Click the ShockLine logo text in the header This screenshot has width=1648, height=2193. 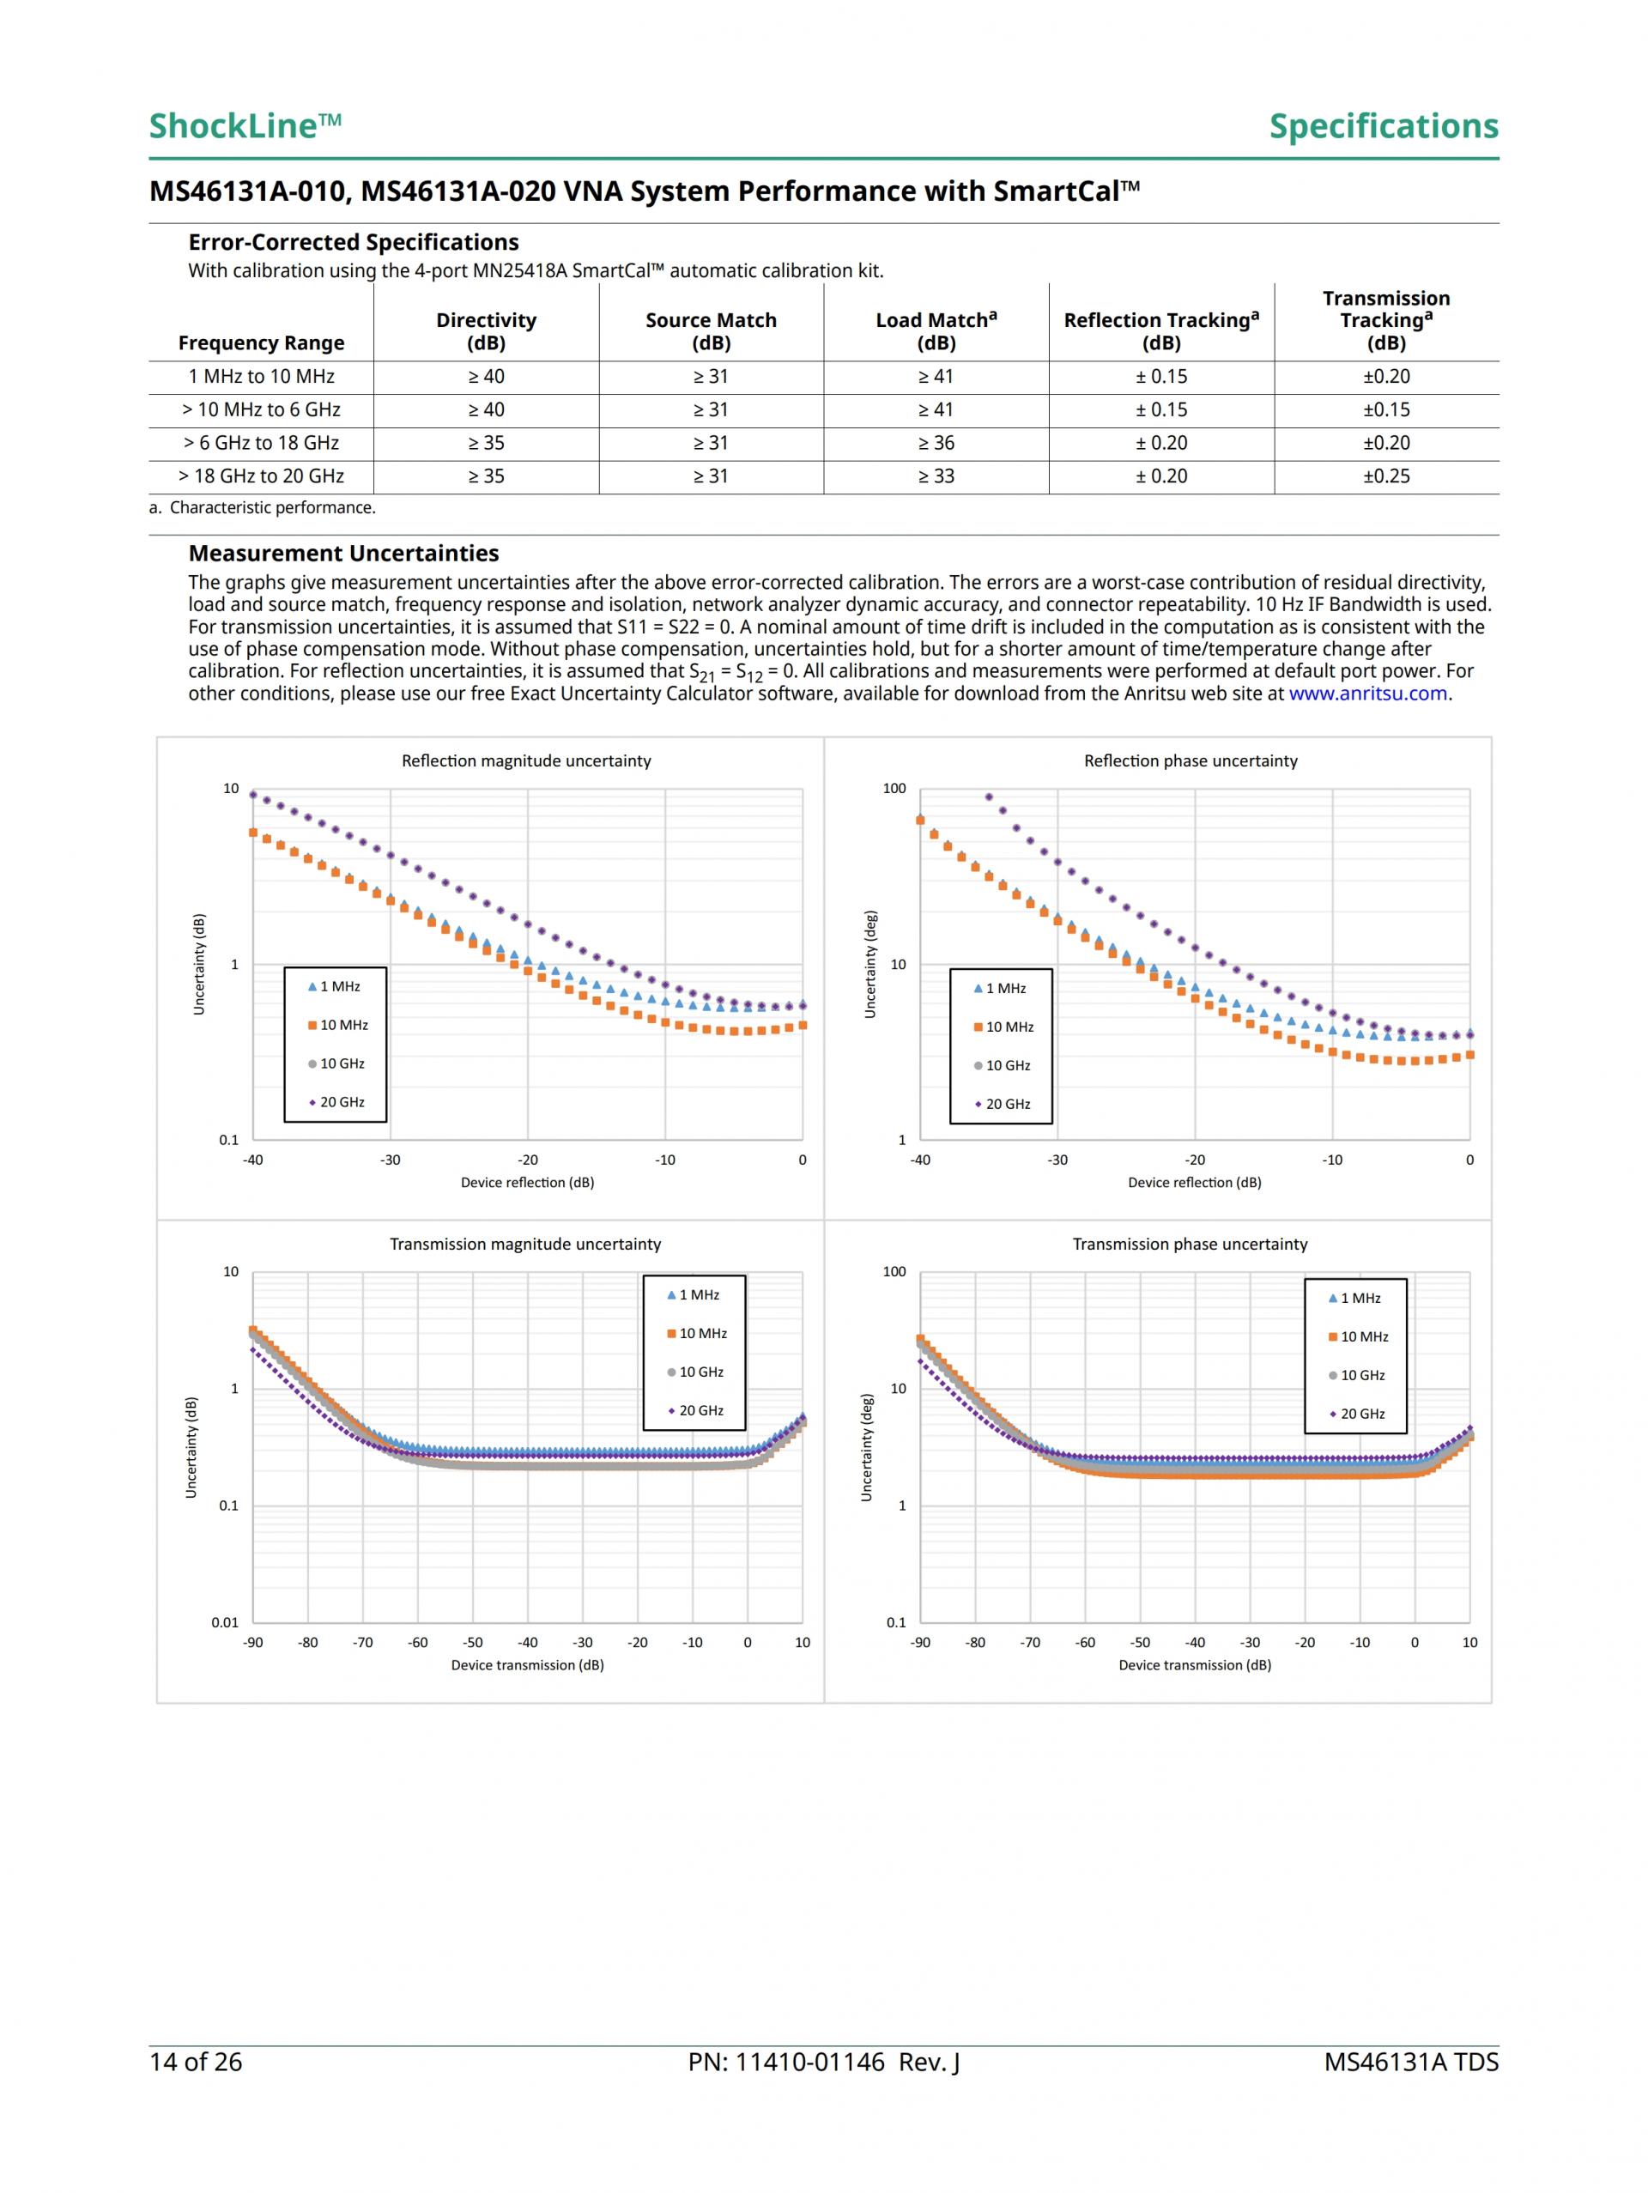pyautogui.click(x=244, y=126)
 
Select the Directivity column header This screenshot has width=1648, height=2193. pyautogui.click(x=486, y=331)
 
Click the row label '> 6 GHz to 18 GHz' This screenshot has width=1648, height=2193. pyautogui.click(x=261, y=443)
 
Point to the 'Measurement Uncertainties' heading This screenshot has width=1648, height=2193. pyautogui.click(x=343, y=554)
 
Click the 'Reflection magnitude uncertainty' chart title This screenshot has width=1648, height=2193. pyautogui.click(x=525, y=760)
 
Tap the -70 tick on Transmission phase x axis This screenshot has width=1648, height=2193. pyautogui.click(x=1030, y=1643)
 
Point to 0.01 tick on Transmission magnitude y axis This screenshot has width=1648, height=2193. pyautogui.click(x=225, y=1622)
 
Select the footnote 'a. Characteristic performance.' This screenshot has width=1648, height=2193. pyautogui.click(x=262, y=507)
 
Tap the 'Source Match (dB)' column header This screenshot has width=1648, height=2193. pyautogui.click(x=711, y=331)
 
